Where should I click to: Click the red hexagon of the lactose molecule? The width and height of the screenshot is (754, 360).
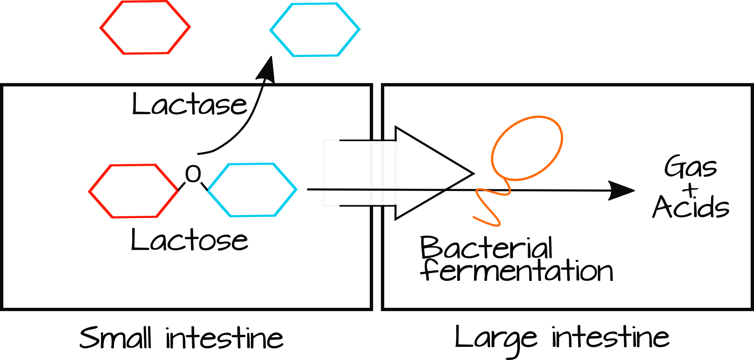pos(133,191)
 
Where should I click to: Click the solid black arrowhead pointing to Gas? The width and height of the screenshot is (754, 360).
pos(621,191)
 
